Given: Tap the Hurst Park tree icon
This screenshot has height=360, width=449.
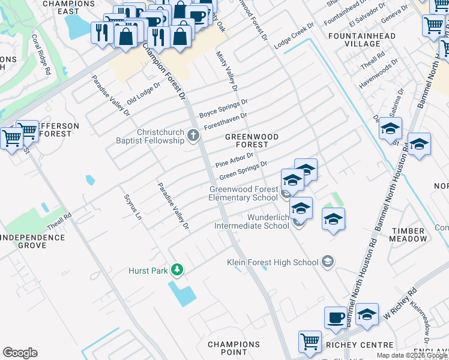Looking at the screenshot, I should (x=176, y=270).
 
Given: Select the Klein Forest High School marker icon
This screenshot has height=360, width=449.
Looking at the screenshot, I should (x=327, y=261).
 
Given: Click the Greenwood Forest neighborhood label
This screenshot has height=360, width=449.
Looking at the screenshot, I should (x=252, y=140).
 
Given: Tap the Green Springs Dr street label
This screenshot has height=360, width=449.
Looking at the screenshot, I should (x=243, y=170).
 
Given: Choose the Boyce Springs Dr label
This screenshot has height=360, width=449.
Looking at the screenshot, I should (x=223, y=107).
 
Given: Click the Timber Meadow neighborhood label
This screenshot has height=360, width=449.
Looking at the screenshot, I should (x=409, y=234).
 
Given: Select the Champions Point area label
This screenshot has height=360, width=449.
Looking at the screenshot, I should (x=234, y=348).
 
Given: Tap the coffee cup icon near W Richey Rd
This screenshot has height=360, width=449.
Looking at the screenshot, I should (x=336, y=317).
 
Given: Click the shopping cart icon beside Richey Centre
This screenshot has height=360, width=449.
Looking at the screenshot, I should (x=310, y=341).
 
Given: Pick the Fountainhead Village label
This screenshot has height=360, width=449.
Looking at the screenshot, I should (x=362, y=40).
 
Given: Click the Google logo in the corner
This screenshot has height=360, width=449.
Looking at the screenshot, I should (x=20, y=353).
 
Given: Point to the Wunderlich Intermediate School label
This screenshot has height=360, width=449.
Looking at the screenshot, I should (x=252, y=221).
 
